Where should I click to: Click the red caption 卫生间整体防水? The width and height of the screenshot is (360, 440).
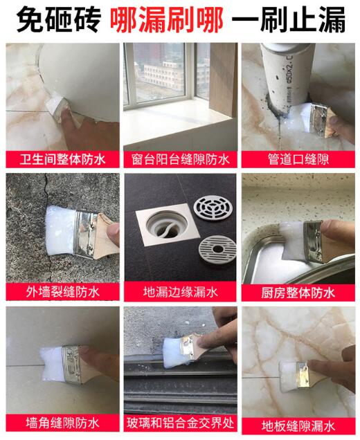coord(62,160)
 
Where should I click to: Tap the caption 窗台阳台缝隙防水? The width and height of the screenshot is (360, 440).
coord(180,160)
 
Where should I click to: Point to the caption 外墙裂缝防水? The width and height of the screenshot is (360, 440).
coord(62,292)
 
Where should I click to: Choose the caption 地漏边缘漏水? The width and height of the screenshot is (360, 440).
coord(180,292)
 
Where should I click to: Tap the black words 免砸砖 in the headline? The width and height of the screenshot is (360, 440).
coord(57,20)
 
